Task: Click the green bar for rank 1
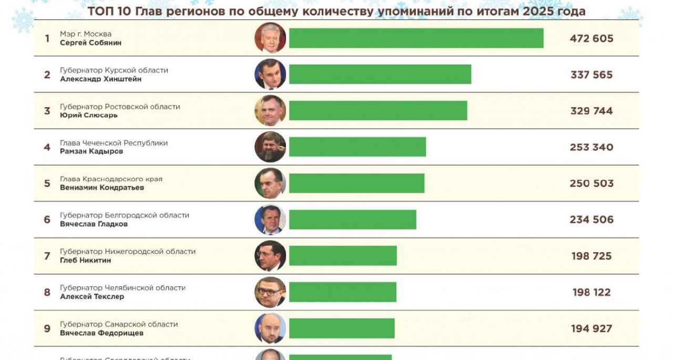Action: (x=416, y=38)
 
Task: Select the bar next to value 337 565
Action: (x=380, y=75)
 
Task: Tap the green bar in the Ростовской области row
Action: (x=378, y=111)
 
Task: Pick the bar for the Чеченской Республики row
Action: (x=358, y=147)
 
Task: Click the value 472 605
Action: (x=592, y=38)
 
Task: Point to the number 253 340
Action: (x=592, y=147)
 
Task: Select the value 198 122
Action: (x=592, y=292)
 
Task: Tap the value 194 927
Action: (x=592, y=328)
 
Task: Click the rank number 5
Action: (x=47, y=183)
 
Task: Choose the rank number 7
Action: (x=47, y=256)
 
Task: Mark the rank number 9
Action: (x=47, y=328)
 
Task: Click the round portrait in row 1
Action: (x=270, y=38)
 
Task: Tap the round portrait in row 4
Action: (x=270, y=147)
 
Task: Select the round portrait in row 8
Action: (x=270, y=292)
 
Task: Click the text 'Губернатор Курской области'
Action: (x=114, y=70)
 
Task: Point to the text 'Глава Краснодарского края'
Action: (x=111, y=179)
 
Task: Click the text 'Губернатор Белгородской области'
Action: (x=125, y=215)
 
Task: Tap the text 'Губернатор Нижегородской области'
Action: (x=128, y=252)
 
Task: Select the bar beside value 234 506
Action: (x=353, y=220)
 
